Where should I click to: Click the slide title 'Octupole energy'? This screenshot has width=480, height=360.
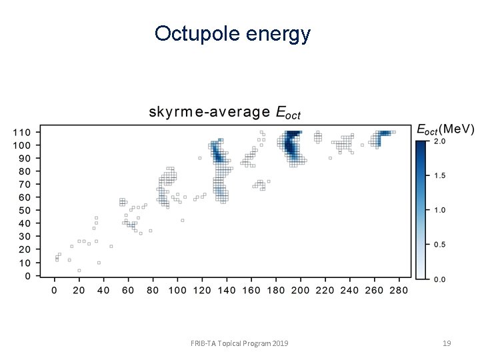(x=232, y=33)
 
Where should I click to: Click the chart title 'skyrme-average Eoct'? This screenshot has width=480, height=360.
(x=225, y=112)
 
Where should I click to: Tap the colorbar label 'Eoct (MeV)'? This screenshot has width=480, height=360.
(x=445, y=129)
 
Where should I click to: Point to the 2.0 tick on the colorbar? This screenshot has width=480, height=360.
(x=440, y=141)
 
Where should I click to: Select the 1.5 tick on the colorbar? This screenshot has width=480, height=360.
(x=440, y=176)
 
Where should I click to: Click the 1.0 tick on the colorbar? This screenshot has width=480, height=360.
(x=440, y=210)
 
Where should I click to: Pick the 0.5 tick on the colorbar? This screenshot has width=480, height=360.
(x=440, y=245)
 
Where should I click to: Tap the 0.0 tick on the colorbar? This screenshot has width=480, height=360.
(x=440, y=279)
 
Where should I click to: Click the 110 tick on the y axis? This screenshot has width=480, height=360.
(x=23, y=132)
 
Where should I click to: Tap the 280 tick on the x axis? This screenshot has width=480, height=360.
(x=399, y=291)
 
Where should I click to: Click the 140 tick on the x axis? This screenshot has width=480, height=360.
(x=227, y=291)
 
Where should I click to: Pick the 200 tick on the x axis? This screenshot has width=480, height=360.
(x=301, y=291)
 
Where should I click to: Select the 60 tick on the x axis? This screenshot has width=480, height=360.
(x=128, y=291)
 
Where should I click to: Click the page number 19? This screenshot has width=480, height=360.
(x=447, y=343)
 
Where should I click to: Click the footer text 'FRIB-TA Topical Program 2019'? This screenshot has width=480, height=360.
(x=239, y=343)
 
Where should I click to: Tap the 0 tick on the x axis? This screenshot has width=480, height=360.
(x=55, y=291)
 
